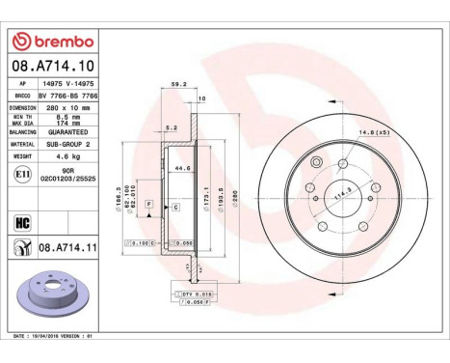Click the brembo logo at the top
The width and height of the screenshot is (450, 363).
click(53, 41)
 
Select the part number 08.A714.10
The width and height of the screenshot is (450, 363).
click(53, 65)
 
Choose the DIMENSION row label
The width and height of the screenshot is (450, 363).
click(26, 108)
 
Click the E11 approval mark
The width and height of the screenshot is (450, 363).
click(23, 174)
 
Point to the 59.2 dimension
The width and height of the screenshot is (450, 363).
click(176, 84)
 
